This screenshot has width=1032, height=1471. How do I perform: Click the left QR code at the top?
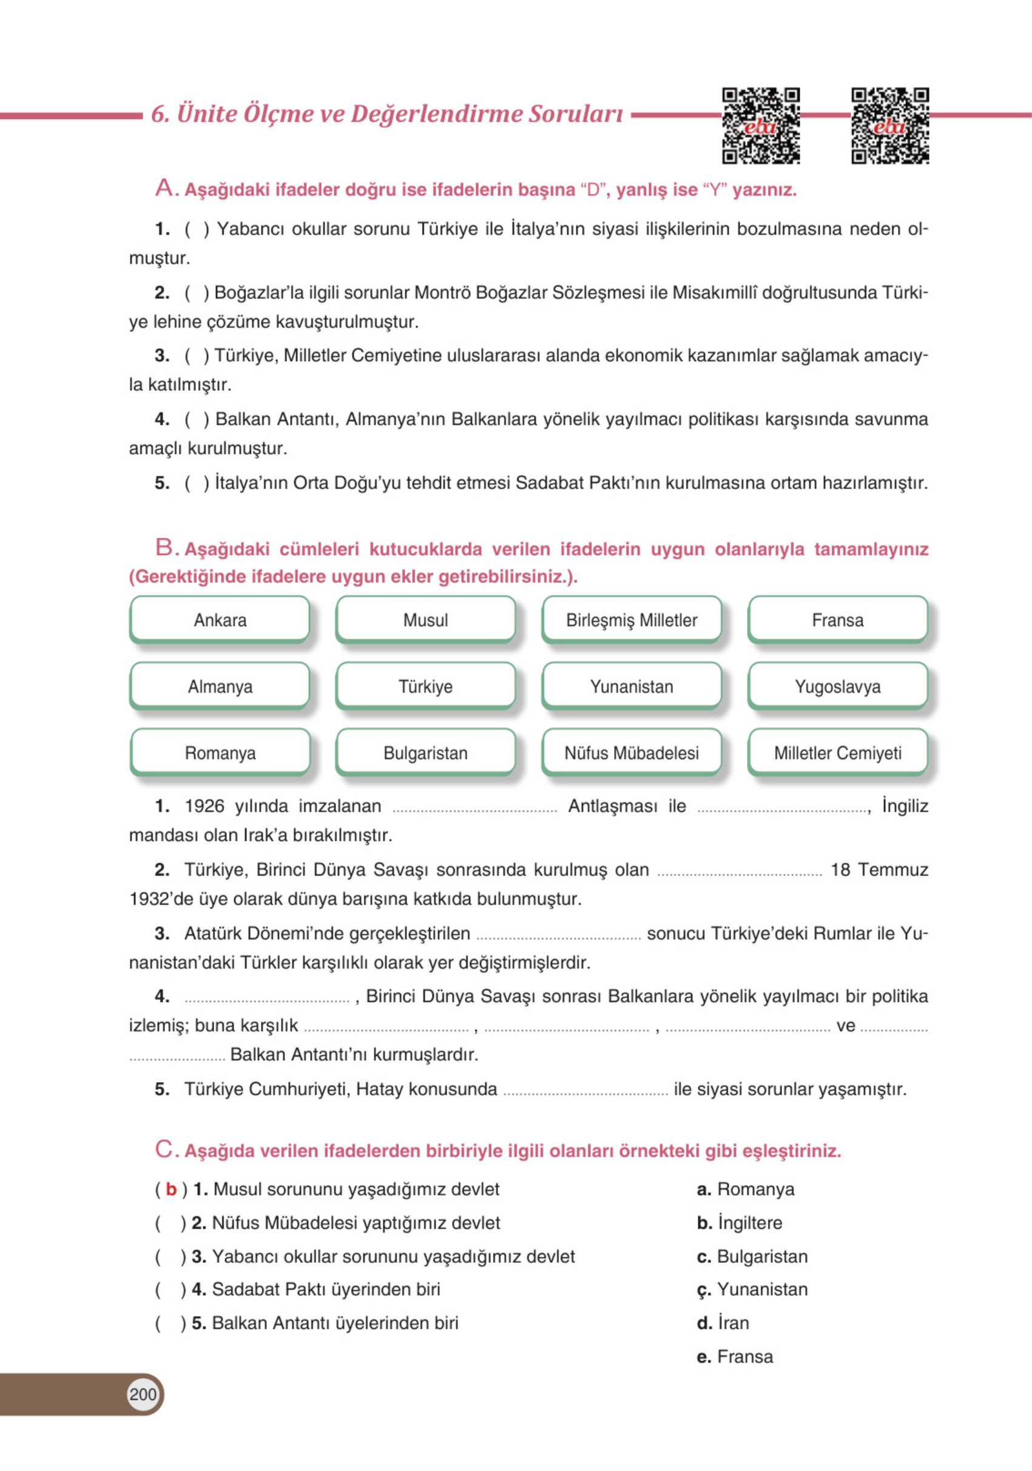(x=760, y=126)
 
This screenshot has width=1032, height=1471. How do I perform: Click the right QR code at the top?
(x=890, y=126)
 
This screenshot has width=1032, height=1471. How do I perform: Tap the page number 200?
(x=142, y=1394)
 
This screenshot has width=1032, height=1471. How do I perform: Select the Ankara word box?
(x=220, y=620)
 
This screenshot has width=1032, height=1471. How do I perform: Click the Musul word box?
(x=425, y=620)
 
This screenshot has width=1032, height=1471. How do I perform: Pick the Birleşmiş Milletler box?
(x=632, y=620)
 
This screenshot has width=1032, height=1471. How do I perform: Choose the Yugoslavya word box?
(x=837, y=686)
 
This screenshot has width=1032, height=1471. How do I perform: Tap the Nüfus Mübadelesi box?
(x=632, y=753)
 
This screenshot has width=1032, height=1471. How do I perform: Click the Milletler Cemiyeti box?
(x=837, y=753)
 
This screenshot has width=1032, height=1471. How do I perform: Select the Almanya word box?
(x=220, y=686)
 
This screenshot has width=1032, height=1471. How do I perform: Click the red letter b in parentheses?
(x=171, y=1189)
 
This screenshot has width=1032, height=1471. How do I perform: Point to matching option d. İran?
(x=723, y=1322)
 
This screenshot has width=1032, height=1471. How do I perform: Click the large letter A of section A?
(x=164, y=188)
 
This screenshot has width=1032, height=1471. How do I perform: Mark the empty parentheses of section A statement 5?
(x=197, y=483)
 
